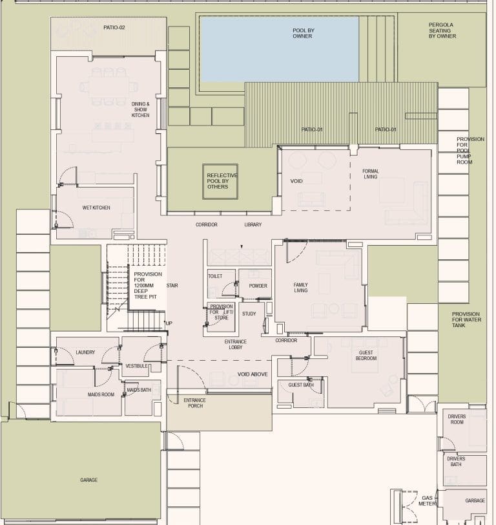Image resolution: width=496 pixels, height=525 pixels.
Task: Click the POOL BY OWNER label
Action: (x=304, y=33)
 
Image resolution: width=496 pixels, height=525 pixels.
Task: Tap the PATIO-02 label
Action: (x=114, y=27)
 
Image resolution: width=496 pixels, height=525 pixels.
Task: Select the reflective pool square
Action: (x=220, y=182)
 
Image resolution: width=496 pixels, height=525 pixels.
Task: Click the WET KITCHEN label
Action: (x=96, y=208)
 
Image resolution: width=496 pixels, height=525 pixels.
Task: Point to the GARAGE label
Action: (x=89, y=480)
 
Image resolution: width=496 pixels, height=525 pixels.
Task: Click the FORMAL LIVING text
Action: (x=371, y=174)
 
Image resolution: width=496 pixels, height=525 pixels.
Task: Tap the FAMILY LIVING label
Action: (x=301, y=288)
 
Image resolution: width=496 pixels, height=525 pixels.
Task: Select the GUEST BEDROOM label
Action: (x=366, y=355)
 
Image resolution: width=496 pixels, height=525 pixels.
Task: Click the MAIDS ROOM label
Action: (x=101, y=394)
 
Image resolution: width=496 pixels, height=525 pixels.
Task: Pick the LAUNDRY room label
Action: (x=85, y=352)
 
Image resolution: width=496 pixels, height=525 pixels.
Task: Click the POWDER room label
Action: (x=258, y=286)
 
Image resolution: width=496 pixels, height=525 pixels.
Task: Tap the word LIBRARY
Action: (x=253, y=224)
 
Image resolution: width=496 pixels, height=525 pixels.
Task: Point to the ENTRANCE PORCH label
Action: (x=195, y=403)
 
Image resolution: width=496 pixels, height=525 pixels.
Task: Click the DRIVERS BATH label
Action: (x=456, y=462)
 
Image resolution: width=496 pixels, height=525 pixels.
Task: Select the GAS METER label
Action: (x=427, y=500)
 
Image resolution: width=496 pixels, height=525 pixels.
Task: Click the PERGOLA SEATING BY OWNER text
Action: (x=442, y=30)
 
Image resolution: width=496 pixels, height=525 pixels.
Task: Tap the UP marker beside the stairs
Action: (x=169, y=323)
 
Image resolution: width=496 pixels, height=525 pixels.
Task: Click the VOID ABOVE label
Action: (x=253, y=374)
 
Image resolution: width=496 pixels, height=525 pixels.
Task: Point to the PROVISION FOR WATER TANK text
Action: (x=466, y=319)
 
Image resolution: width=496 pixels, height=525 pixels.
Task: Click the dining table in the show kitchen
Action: (x=108, y=88)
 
